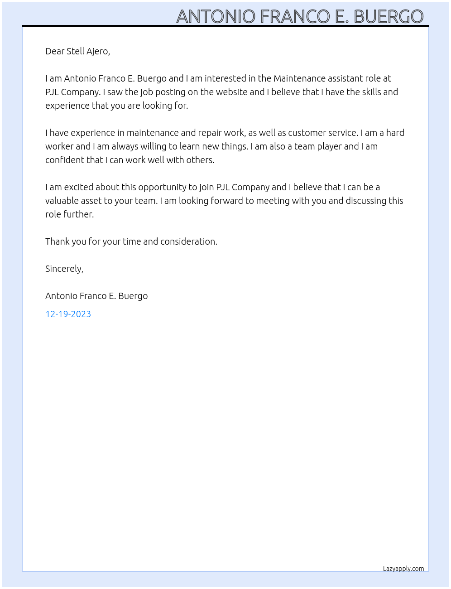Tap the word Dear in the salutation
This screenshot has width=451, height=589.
coord(55,51)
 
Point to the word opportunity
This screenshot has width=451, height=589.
coord(162,187)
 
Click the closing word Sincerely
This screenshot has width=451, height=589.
coord(64,269)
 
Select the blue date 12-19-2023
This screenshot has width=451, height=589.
coord(68,314)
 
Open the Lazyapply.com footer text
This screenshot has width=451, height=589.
coord(403,569)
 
